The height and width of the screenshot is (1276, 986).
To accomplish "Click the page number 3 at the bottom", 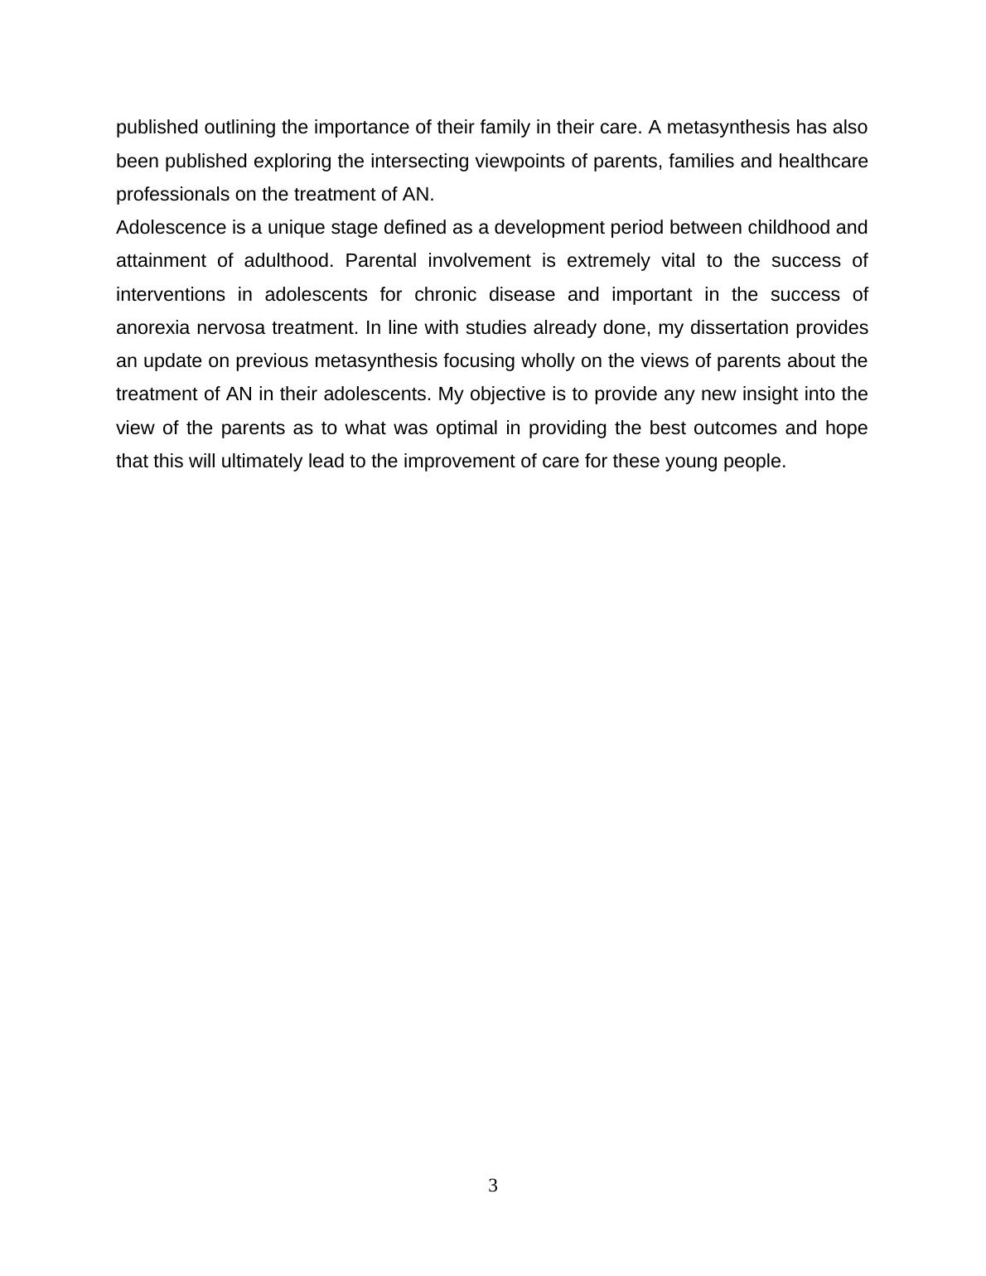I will click(x=493, y=1186).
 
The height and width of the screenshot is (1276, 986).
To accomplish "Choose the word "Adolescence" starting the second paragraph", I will click(x=171, y=228).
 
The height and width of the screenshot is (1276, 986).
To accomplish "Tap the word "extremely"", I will click(x=609, y=261).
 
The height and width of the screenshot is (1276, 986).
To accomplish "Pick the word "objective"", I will click(x=503, y=394).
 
